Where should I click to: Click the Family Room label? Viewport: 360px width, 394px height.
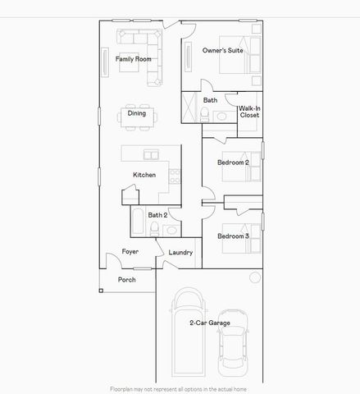(x=132, y=59)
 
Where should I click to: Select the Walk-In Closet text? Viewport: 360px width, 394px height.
(x=249, y=112)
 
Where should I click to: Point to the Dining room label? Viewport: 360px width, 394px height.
(x=136, y=113)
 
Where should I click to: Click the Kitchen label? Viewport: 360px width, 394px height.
(x=144, y=175)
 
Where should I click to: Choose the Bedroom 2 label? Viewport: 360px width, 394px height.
(x=233, y=163)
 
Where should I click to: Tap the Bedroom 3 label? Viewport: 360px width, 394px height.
(x=233, y=236)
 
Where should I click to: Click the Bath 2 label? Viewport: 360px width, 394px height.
(x=157, y=215)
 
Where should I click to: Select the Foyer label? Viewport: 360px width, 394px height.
(x=130, y=251)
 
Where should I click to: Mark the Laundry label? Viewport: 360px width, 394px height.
(x=180, y=252)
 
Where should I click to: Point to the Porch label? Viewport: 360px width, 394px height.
(x=126, y=279)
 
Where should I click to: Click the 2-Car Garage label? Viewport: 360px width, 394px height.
(x=209, y=323)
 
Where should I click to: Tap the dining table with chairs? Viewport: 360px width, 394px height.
(x=136, y=114)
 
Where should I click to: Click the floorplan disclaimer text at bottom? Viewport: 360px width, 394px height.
(x=180, y=388)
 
